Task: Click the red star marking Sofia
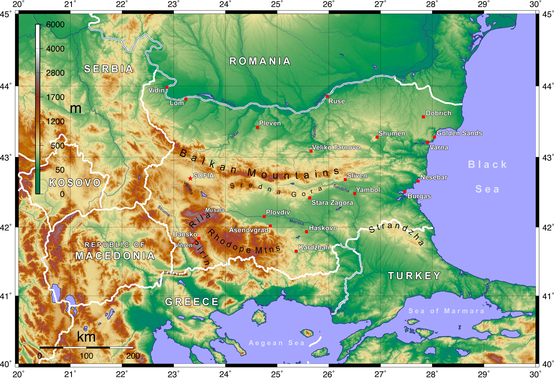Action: point(190,178)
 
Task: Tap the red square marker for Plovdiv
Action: point(264,217)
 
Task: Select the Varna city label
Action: point(439,147)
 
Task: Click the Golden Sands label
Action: point(459,133)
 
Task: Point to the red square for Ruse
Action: point(327,96)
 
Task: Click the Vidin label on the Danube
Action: point(156,90)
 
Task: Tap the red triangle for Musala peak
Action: point(204,214)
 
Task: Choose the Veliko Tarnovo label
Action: point(336,147)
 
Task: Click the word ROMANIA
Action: point(260,61)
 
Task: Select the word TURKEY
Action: point(414,276)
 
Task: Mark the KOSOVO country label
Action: point(75,183)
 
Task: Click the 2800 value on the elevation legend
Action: point(55,73)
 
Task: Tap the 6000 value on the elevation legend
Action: point(55,24)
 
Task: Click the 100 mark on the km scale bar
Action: point(86,356)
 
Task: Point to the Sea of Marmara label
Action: point(446,311)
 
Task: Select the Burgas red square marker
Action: point(405,192)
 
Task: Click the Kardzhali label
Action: point(314,247)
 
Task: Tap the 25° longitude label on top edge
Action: point(277,4)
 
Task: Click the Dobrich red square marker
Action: point(423,117)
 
